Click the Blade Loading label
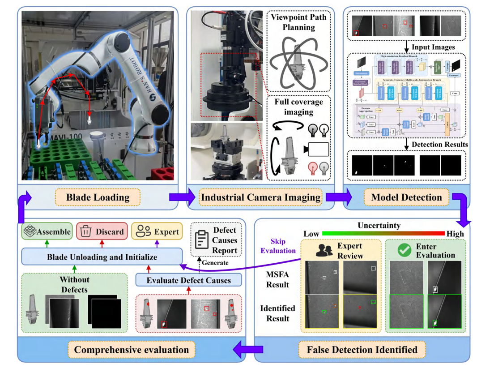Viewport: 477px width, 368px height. click(x=98, y=197)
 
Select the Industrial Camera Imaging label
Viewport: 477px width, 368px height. click(x=260, y=197)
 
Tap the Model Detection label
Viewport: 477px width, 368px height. click(x=406, y=197)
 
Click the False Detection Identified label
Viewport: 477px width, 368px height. click(x=362, y=349)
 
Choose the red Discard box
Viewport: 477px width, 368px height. click(x=102, y=231)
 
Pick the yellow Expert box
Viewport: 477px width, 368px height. click(x=157, y=231)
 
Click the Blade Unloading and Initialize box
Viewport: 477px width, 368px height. click(x=102, y=257)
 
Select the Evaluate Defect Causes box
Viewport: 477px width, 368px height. click(x=188, y=280)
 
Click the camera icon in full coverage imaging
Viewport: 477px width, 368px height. click(x=316, y=149)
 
